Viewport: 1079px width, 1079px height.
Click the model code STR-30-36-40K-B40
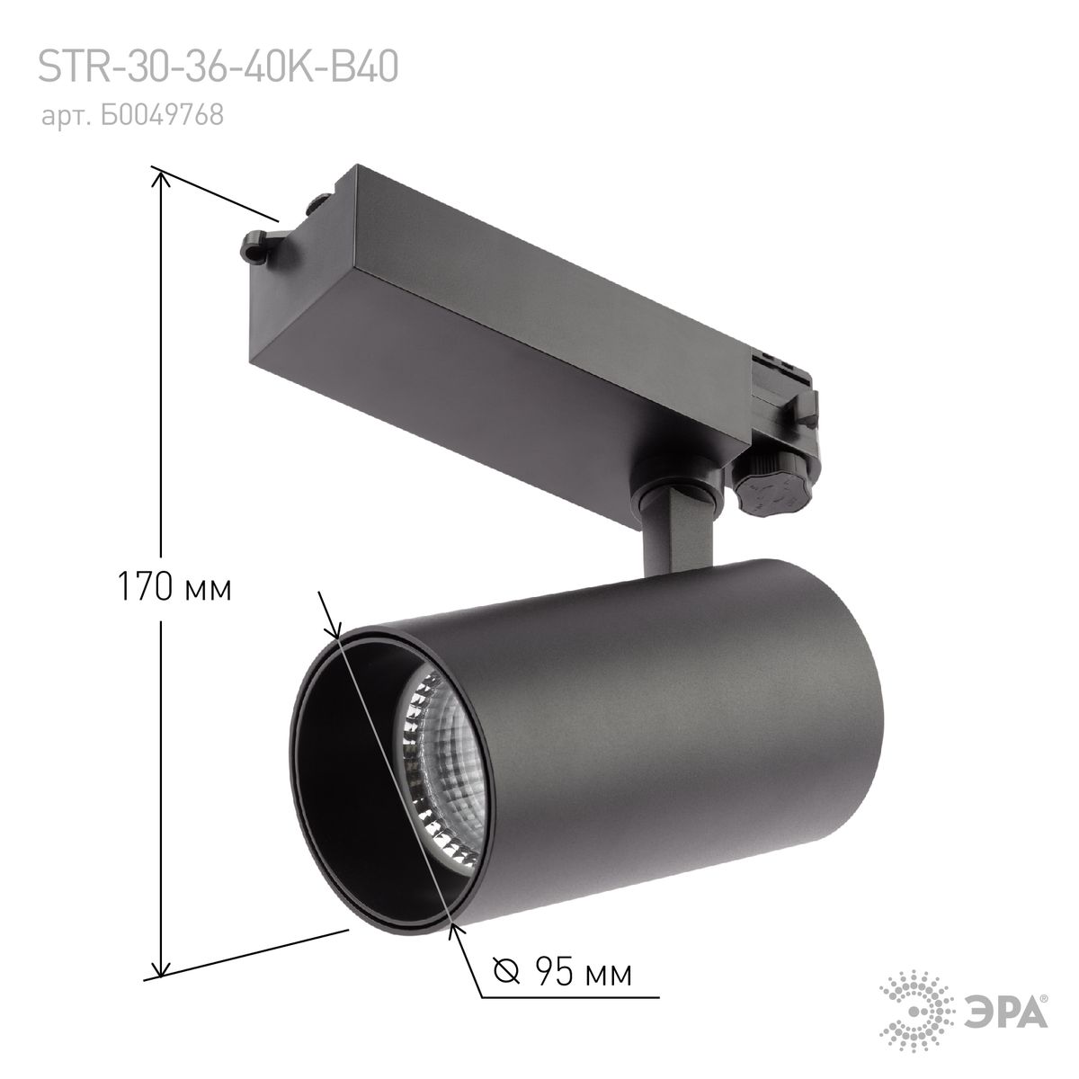(x=218, y=68)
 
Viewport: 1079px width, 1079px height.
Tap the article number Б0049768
(x=170, y=116)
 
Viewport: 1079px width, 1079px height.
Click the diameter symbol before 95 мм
(x=507, y=973)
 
